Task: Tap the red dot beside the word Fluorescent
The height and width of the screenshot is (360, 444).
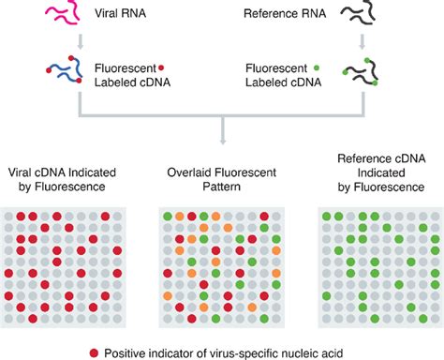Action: coord(162,67)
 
